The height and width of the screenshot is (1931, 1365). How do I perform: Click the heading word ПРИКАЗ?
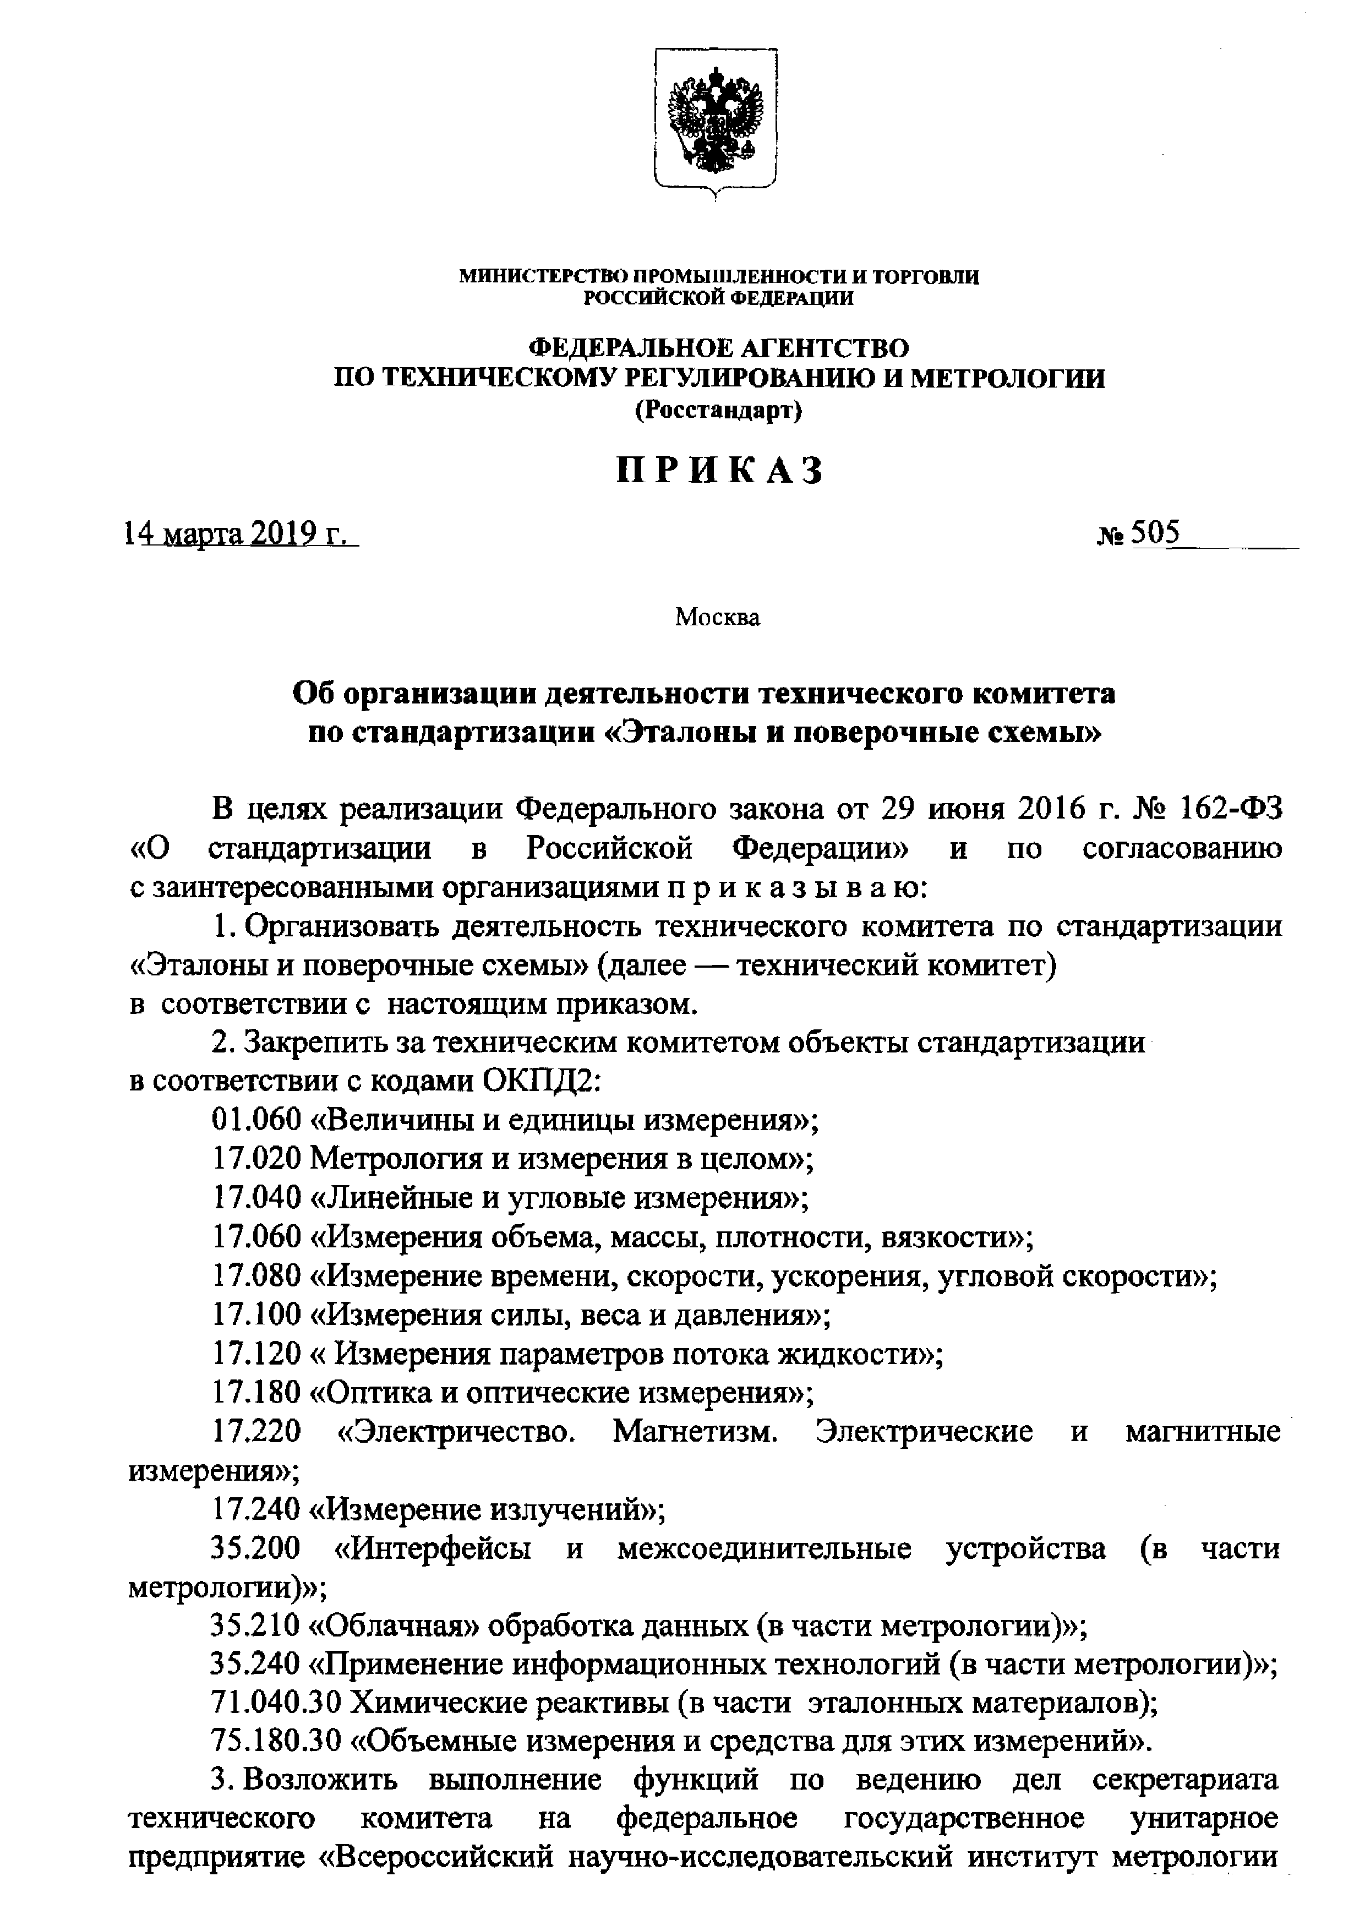[x=718, y=472]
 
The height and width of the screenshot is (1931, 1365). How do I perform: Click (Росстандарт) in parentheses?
[x=718, y=411]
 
